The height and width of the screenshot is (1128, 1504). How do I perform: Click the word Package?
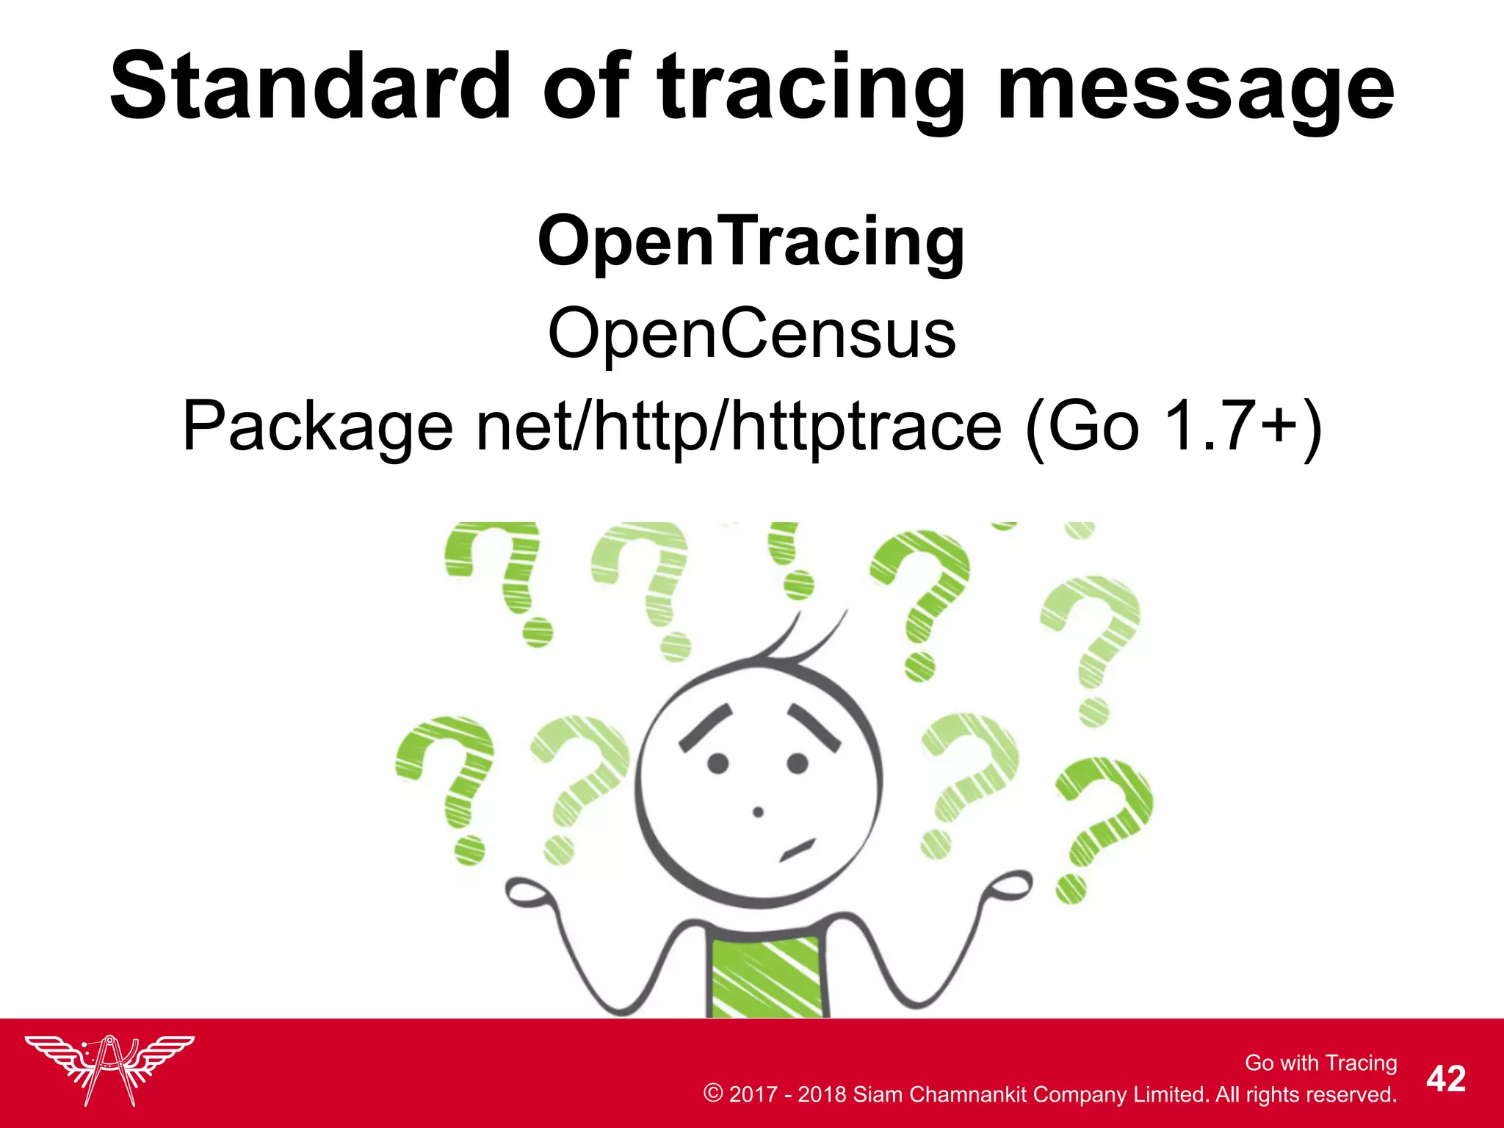pos(317,427)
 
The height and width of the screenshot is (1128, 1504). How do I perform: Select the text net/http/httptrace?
pos(739,427)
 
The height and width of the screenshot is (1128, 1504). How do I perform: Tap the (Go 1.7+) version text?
pos(1173,427)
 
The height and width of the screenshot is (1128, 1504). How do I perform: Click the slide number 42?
pos(1446,1079)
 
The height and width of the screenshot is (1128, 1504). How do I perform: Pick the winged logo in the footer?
pos(109,1069)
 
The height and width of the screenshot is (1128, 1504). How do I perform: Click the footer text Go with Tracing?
pos(1320,1063)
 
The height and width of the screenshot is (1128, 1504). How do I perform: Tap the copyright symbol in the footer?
pos(712,1093)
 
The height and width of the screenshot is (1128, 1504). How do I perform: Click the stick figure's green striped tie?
pos(767,977)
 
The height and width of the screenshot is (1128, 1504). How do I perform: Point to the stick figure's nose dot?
pos(759,811)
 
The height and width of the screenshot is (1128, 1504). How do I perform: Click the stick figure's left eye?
pos(717,764)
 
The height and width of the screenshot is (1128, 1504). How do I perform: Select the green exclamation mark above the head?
pos(789,558)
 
